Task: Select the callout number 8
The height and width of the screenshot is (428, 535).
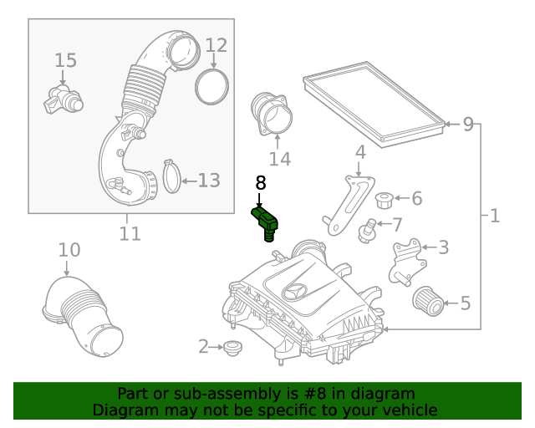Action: point(260,183)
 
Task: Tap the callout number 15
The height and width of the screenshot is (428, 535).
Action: point(65,60)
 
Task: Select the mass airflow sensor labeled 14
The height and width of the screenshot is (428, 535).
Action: point(271,115)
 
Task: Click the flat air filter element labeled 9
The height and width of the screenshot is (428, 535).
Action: point(374,104)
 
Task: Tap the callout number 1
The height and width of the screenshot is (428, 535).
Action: point(494,217)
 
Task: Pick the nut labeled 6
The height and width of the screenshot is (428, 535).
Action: point(386,200)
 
